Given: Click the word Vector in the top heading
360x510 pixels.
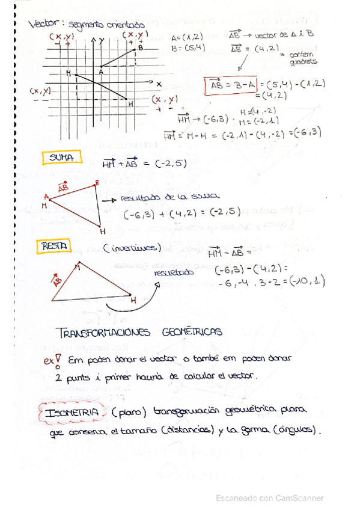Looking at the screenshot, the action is [44, 24].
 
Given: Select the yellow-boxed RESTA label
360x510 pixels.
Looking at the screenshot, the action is [54, 246].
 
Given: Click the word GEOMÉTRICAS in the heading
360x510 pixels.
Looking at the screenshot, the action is [191, 332].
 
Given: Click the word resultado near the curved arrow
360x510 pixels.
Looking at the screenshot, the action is [172, 272].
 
